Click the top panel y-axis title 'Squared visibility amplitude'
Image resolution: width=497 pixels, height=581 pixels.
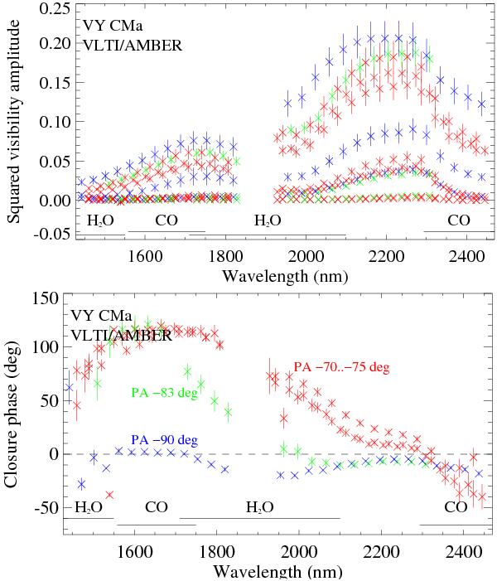[14, 123]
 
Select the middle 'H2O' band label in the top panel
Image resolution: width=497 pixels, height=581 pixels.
[267, 221]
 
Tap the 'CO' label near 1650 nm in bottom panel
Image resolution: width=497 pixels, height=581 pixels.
[157, 507]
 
